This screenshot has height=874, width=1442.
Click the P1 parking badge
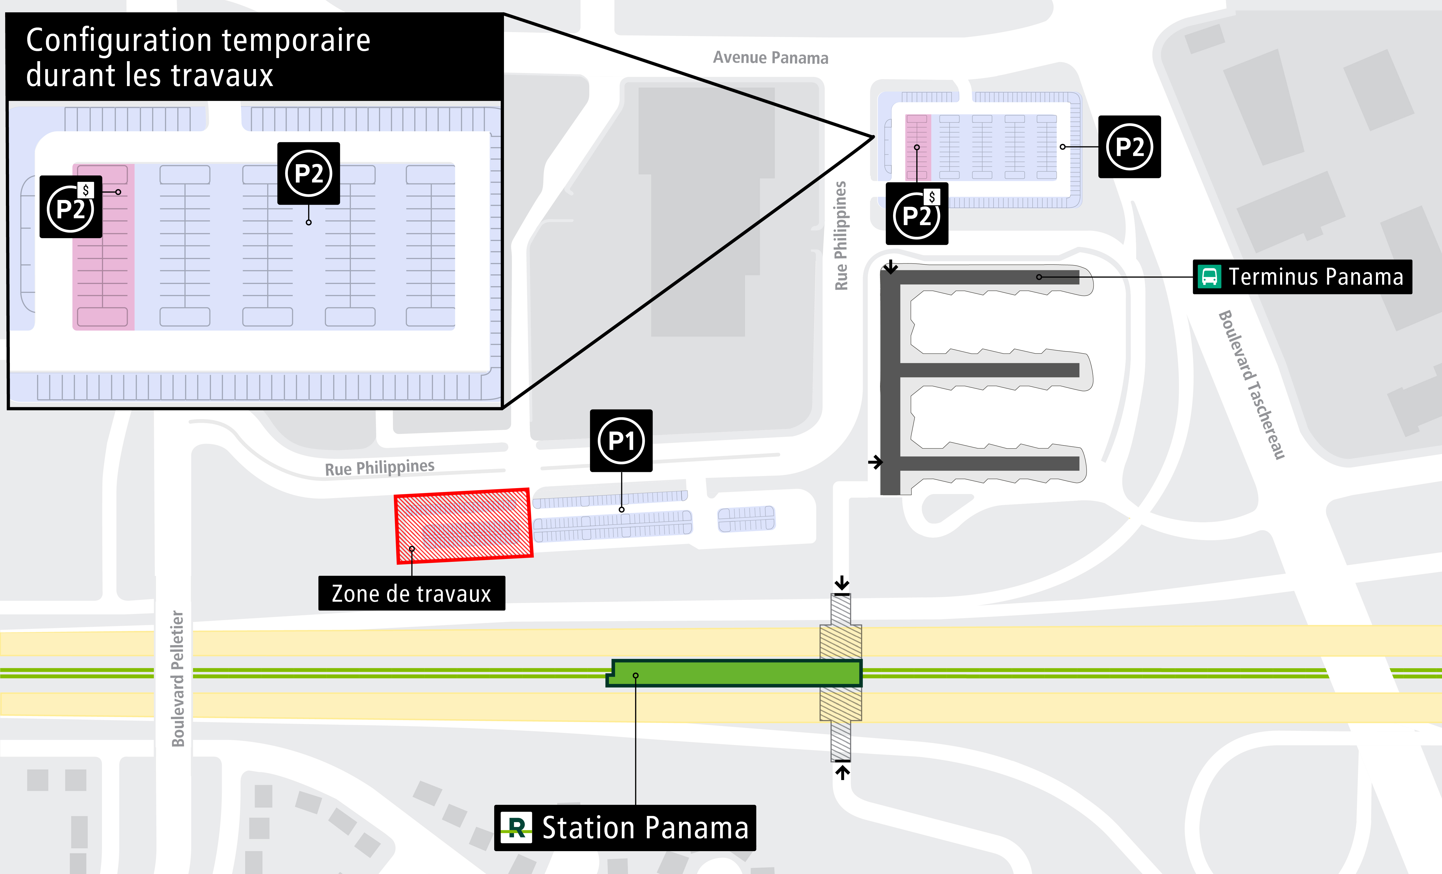pos(621,441)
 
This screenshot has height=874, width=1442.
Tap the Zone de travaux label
pos(411,593)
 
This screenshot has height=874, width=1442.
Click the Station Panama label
pos(645,828)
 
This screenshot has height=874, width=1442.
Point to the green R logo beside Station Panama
pos(516,828)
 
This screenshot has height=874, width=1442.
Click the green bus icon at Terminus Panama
pos(1209,277)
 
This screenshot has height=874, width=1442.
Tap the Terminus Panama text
pos(1316,277)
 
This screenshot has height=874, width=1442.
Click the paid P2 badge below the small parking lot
pos(916,214)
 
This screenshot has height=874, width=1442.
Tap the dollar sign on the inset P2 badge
pos(86,190)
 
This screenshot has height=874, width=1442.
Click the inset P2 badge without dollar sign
pos(308,173)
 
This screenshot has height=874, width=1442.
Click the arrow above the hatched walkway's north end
pos(842,583)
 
